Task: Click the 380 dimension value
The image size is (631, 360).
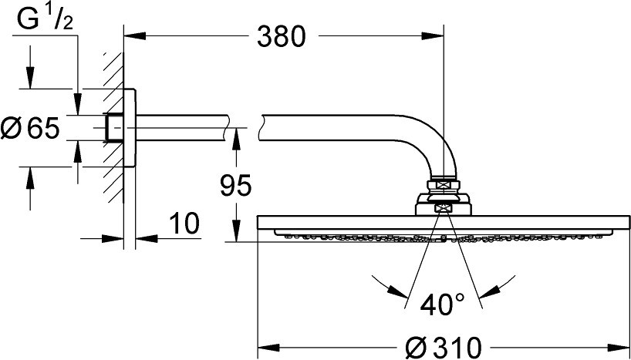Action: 282,37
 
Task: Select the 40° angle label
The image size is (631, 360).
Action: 442,304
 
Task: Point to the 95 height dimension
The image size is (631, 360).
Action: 236,186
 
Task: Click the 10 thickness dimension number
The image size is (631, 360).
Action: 184,224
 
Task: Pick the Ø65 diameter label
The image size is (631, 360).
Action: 30,128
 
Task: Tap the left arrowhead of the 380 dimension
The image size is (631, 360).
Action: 134,36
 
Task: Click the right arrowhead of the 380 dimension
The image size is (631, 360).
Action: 433,36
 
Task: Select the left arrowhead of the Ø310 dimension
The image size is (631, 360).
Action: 268,347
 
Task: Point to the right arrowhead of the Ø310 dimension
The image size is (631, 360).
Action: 619,347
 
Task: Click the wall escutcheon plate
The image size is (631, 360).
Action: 130,128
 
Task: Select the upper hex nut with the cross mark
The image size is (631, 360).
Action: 443,185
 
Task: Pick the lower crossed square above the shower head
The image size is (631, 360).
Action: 443,207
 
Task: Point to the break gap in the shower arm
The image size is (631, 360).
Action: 244,128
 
